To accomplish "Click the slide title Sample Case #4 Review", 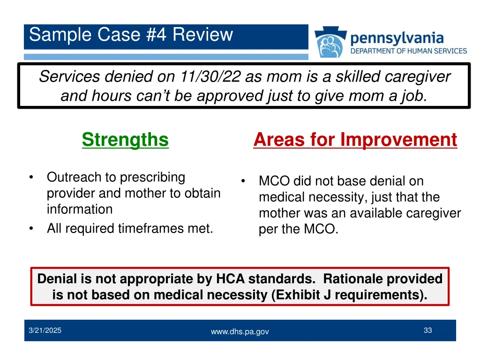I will pos(131,35).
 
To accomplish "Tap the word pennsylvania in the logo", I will pos(397,37).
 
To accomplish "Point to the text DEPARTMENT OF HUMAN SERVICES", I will pos(409,51).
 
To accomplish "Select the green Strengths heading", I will pos(125,140).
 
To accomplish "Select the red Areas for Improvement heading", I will pos(355,140).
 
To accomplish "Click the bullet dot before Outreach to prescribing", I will pos(30,177).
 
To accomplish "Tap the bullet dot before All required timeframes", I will pos(30,229).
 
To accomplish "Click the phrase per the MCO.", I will pos(298,230).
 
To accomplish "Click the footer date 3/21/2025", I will pos(45,330).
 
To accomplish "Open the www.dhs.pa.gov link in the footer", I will pos(240,331).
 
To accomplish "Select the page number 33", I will pos(427,330).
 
